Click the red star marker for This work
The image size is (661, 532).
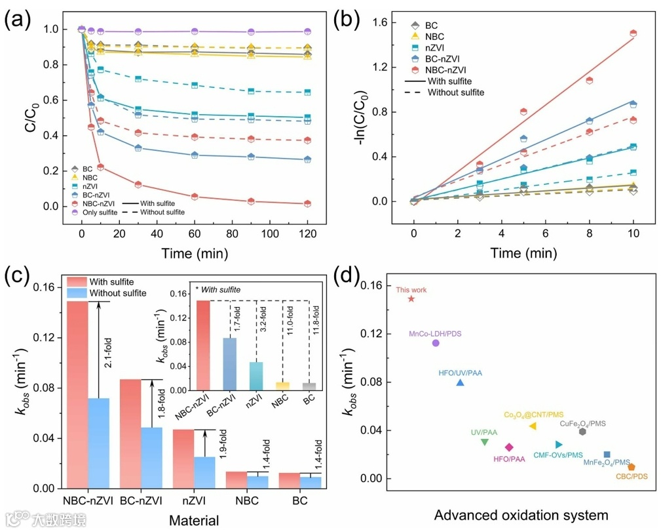[411, 298]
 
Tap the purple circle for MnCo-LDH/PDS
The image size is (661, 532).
[436, 343]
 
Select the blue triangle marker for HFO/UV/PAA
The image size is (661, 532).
[461, 382]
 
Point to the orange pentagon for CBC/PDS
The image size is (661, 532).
[631, 466]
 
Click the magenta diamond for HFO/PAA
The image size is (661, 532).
[509, 447]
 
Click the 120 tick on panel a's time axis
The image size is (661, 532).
[307, 234]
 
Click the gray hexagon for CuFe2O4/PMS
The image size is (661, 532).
[583, 431]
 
